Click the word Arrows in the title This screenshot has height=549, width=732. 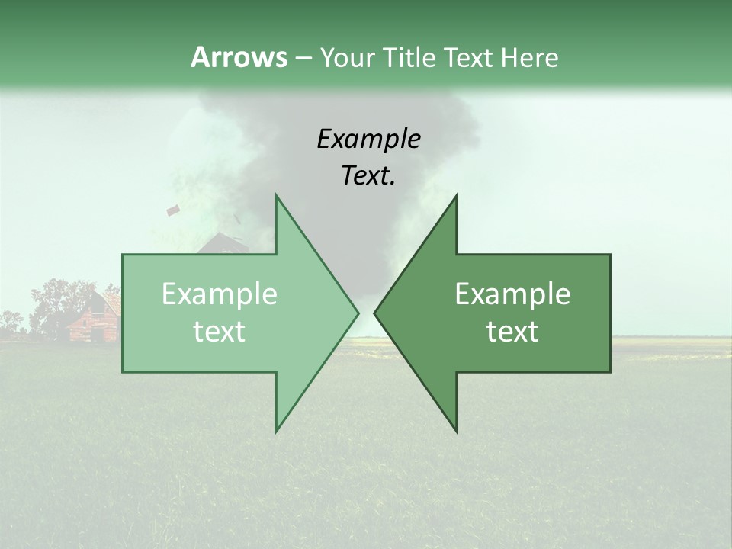point(239,57)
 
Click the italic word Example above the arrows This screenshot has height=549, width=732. point(369,140)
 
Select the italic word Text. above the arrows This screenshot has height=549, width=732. point(369,175)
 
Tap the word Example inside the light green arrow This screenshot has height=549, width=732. point(220,294)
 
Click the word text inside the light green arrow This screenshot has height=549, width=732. point(220,332)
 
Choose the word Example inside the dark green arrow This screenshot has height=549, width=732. point(512,294)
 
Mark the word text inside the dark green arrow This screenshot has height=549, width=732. point(512,332)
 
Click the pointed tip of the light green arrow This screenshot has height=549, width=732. point(358,313)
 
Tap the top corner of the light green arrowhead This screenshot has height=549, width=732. point(277,196)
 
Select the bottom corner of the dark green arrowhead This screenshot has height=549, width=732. point(456,431)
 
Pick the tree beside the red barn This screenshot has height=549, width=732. point(53,301)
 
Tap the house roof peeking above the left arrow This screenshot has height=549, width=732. point(221,244)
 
